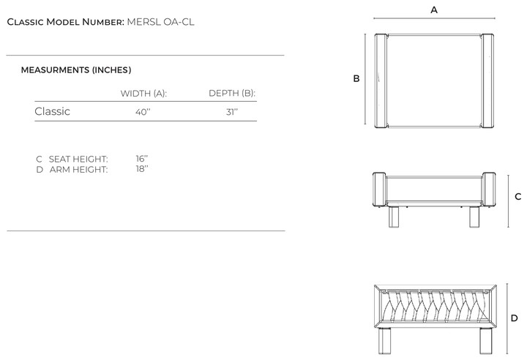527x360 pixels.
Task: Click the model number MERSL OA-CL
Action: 160,22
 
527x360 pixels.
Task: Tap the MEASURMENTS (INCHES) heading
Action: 76,70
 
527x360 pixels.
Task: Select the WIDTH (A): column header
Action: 143,94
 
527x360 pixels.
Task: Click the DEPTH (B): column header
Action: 232,93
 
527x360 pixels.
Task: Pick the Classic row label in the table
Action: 53,111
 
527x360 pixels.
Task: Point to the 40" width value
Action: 143,112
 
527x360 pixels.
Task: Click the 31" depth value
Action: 232,112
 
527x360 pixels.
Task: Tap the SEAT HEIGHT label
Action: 78,159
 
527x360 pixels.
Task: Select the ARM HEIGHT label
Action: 78,170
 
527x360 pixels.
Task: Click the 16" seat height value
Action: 142,159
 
